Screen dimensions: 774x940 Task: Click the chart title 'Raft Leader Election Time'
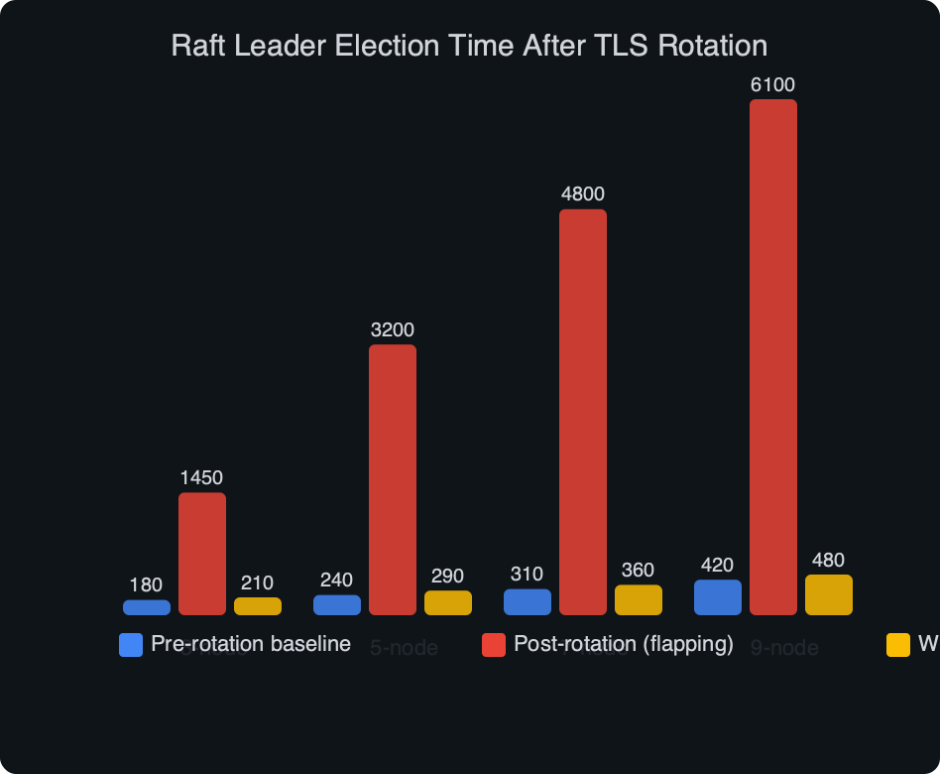(x=469, y=46)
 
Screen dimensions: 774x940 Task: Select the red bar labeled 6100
(x=772, y=357)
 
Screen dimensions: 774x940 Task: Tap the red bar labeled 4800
(x=582, y=412)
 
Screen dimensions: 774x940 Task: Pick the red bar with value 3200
(x=392, y=480)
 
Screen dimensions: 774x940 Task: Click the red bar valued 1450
(x=201, y=554)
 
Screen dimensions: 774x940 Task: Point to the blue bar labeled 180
(x=146, y=607)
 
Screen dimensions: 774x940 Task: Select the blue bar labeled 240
(x=336, y=604)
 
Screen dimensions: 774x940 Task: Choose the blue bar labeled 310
(x=527, y=602)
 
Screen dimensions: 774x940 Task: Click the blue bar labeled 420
(x=717, y=597)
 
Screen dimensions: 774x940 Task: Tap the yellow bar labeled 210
(x=257, y=606)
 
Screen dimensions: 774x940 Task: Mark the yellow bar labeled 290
(x=447, y=602)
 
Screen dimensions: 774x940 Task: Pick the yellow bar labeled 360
(x=638, y=599)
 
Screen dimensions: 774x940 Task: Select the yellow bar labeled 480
(x=828, y=594)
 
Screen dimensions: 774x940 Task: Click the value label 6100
(x=772, y=85)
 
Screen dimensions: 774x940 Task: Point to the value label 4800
(x=582, y=194)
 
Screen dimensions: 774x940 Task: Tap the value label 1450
(x=201, y=478)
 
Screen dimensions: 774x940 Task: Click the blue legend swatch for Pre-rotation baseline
(x=131, y=645)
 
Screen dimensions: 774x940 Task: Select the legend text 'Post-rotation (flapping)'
(x=623, y=644)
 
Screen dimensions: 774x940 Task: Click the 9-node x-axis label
(x=784, y=649)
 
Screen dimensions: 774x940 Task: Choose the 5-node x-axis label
(x=404, y=649)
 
